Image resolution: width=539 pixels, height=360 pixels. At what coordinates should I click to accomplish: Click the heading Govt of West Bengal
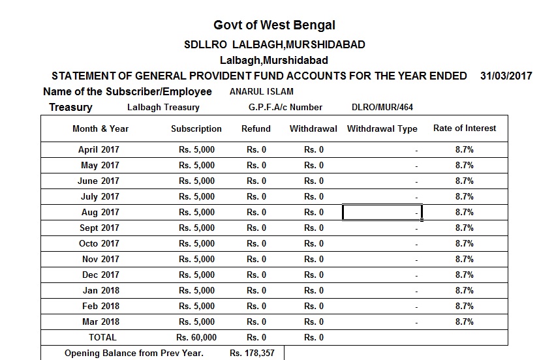(274, 25)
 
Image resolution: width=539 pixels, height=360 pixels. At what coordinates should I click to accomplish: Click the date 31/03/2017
(506, 76)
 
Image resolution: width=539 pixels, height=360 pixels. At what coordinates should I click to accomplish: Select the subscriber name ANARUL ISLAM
(262, 92)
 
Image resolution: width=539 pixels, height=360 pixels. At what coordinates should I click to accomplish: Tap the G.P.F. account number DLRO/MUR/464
(382, 107)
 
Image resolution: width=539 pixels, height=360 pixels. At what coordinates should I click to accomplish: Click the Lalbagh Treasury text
(164, 107)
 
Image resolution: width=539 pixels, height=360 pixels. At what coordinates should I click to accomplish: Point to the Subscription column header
(196, 128)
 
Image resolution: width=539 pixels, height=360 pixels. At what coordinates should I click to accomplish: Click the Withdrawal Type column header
(382, 128)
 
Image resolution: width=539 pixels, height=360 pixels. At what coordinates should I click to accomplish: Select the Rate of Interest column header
(465, 128)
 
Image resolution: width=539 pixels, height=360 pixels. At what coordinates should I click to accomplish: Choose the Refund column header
(256, 128)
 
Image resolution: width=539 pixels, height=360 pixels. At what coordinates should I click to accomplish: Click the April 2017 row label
(99, 149)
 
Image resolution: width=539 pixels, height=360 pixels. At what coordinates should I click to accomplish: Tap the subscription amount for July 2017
(196, 196)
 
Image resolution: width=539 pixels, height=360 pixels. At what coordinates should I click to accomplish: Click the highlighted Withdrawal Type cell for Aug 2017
(382, 212)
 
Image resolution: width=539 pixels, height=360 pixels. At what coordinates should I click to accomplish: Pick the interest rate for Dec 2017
(465, 275)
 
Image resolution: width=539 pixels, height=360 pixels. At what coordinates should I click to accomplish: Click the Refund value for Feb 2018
(256, 306)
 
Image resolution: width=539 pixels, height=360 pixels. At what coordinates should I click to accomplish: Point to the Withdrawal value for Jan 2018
(314, 290)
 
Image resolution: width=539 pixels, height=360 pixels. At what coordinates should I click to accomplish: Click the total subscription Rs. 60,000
(196, 337)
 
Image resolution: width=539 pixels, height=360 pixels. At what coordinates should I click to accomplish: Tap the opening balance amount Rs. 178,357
(252, 353)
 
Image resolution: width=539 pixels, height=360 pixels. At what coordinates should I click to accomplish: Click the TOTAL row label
(102, 337)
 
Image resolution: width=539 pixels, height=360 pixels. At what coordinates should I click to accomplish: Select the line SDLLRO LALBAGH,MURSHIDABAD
(275, 45)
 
